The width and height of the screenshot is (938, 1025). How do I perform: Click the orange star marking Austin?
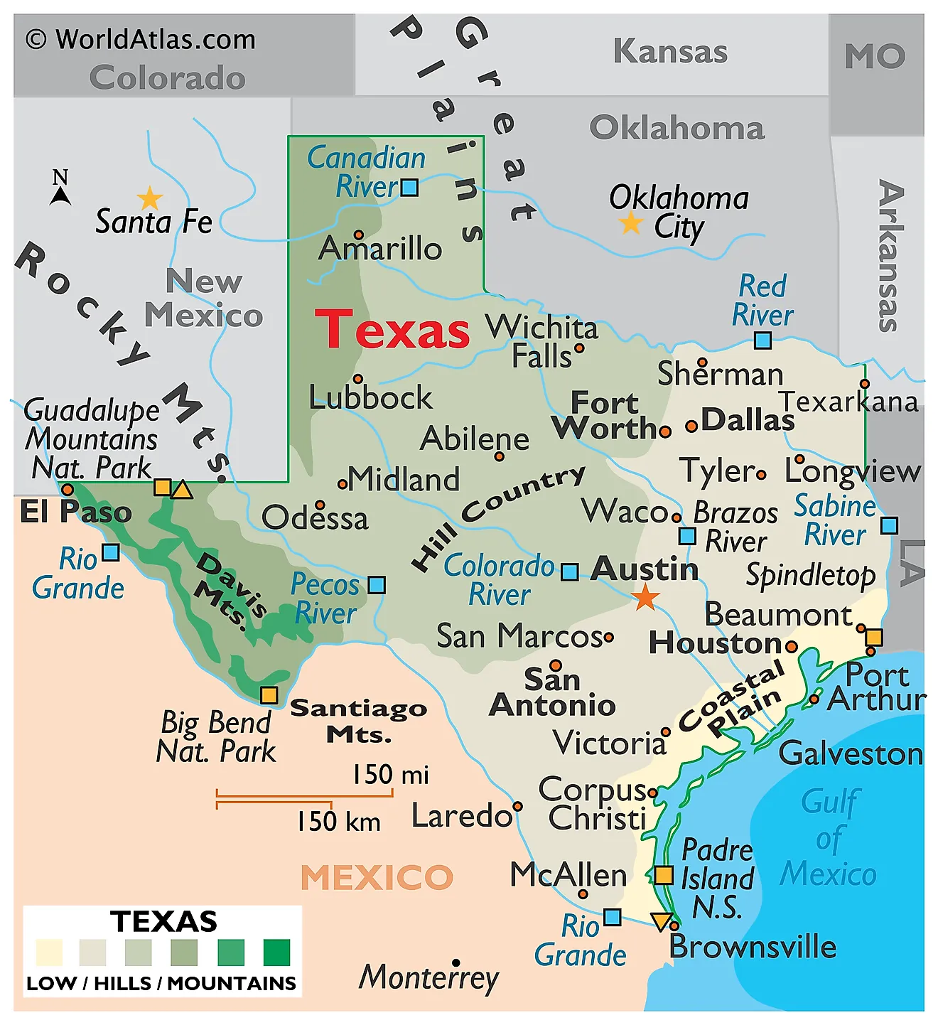(645, 597)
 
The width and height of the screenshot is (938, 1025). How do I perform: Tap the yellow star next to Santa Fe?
(150, 198)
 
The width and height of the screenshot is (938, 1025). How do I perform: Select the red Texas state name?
(392, 330)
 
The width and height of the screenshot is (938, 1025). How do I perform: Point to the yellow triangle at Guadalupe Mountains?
(182, 490)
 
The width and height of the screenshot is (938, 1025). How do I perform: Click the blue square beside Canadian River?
(409, 188)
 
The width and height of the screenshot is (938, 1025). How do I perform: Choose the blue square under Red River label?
(762, 340)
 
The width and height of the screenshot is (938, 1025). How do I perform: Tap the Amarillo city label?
(381, 249)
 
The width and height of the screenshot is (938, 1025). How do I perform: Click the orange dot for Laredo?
(517, 806)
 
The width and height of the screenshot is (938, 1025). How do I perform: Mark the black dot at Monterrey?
(456, 963)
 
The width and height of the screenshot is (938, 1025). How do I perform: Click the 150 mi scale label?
(391, 774)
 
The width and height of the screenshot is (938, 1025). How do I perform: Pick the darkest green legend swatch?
(276, 952)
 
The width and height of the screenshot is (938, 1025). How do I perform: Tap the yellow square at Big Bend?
(269, 694)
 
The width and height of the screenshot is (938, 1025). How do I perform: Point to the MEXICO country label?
(377, 877)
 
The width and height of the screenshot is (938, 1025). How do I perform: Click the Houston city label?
(716, 643)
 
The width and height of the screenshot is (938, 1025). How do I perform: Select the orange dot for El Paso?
(68, 489)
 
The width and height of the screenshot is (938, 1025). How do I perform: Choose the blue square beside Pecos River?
(377, 585)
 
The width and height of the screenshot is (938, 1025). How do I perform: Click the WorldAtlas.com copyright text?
(141, 39)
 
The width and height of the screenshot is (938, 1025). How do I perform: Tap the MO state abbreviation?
(875, 56)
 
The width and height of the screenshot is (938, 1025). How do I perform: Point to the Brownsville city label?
(753, 947)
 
